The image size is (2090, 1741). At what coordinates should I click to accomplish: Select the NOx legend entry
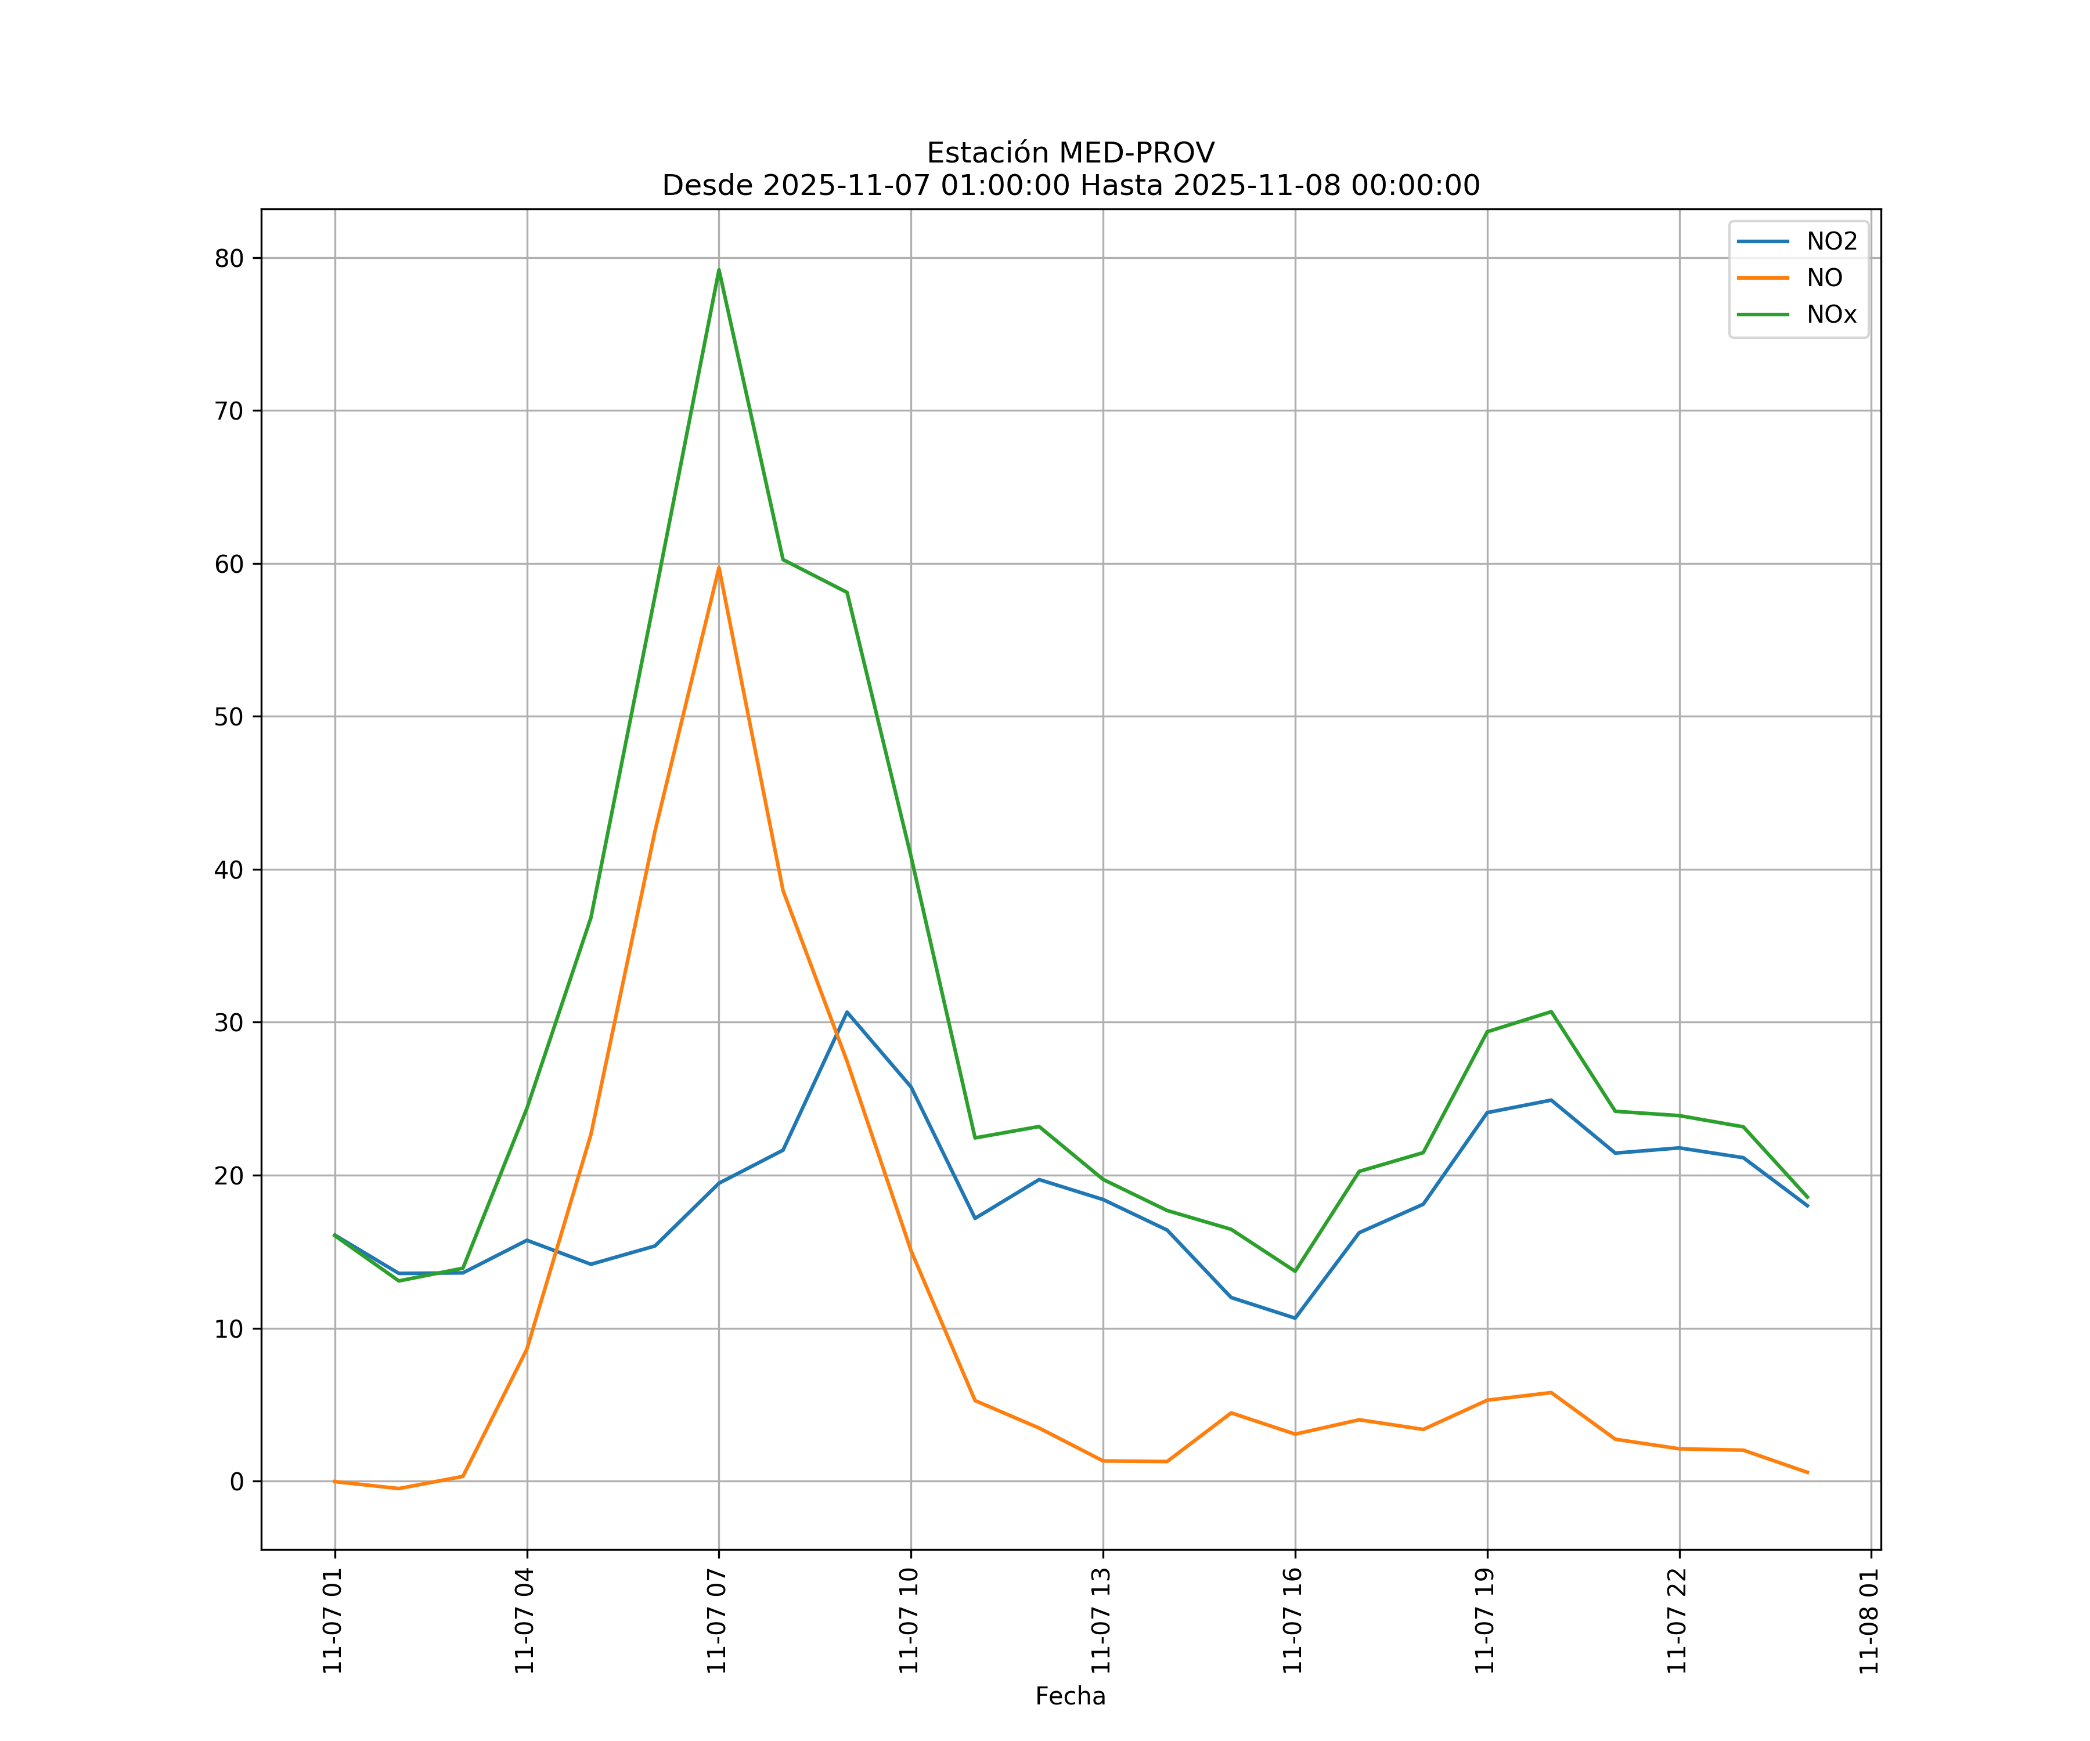point(1831,315)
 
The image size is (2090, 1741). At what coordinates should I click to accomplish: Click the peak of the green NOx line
point(719,270)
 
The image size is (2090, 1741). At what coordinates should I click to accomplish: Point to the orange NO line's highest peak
point(719,568)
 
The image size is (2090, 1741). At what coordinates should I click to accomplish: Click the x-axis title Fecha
point(1070,1696)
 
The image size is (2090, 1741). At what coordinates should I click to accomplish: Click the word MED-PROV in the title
point(1137,153)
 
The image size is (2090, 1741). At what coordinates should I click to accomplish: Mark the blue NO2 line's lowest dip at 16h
point(1295,1318)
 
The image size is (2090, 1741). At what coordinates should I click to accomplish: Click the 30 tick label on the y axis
point(229,1023)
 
